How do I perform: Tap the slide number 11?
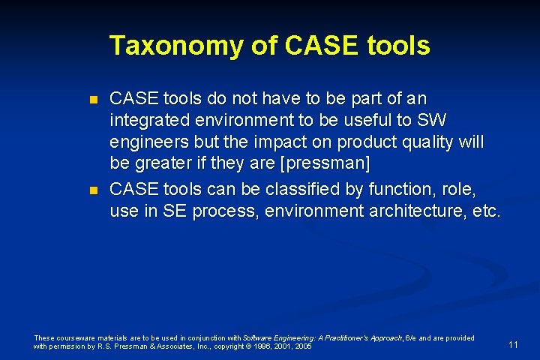513,344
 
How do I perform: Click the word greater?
166,163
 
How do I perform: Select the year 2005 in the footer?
303,346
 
